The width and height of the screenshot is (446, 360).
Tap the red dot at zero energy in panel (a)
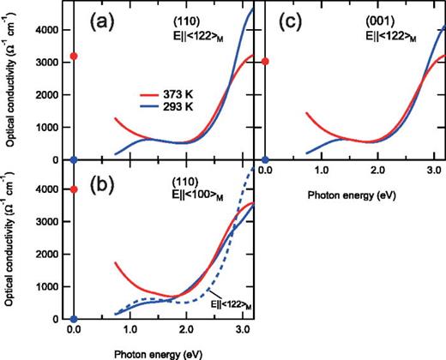tap(75, 57)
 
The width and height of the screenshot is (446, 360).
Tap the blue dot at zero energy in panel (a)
tap(75, 160)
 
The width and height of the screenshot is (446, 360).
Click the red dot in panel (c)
tap(265, 61)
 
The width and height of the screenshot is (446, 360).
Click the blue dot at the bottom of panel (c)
tap(265, 160)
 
